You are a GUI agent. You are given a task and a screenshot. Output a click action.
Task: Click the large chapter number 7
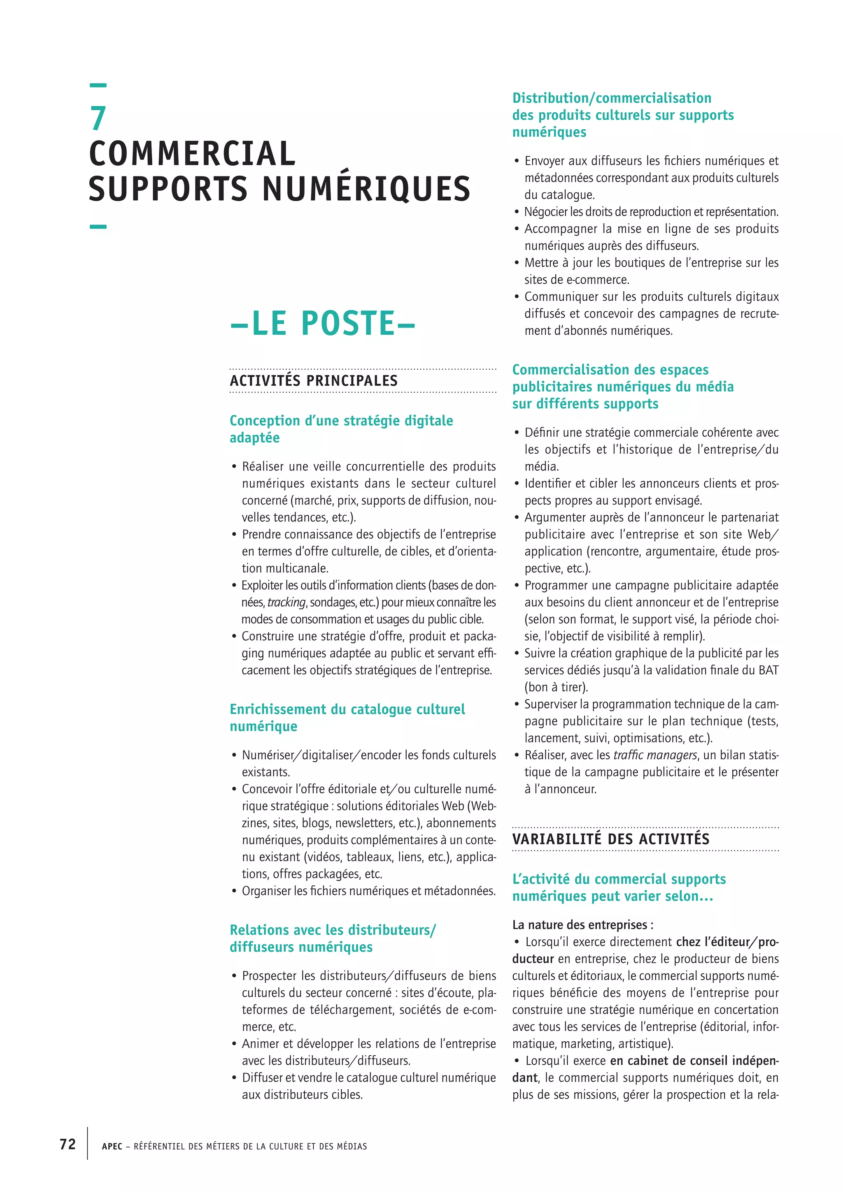98,118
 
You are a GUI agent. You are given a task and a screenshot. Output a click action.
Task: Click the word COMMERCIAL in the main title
192,154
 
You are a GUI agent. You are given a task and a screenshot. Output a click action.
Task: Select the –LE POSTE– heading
323,323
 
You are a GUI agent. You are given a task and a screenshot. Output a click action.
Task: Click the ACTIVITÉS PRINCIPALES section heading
314,381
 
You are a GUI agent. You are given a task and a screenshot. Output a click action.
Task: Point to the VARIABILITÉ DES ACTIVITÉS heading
610,839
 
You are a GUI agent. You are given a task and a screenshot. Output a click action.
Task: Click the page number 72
68,1144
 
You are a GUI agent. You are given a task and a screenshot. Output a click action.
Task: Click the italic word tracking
286,602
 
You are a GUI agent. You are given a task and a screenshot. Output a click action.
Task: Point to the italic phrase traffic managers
655,755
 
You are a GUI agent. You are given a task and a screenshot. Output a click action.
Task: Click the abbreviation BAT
768,670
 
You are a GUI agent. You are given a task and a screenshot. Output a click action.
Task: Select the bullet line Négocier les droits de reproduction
651,212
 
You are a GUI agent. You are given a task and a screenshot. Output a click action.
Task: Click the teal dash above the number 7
98,85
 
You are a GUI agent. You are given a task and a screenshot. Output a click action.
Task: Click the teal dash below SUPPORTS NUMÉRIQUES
98,227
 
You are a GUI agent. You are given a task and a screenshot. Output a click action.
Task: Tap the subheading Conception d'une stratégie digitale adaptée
341,429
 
